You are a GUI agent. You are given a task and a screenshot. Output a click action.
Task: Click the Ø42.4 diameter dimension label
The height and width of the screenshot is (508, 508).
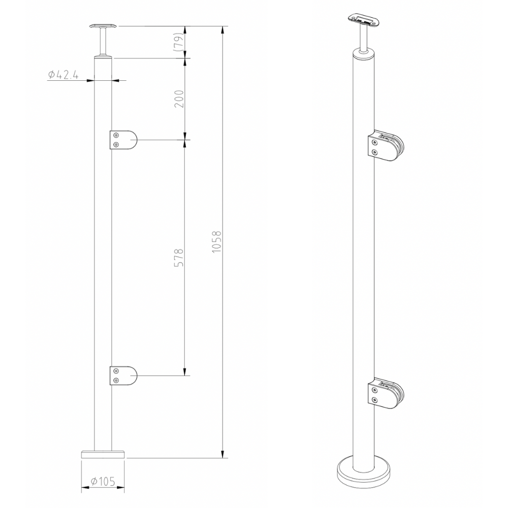63,75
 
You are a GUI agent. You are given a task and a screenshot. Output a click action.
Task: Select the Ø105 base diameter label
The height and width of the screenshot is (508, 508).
103,481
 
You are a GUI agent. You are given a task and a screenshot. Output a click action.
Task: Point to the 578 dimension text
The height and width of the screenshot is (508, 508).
179,258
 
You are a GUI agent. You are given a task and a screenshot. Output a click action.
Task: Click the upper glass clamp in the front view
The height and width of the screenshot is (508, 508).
123,140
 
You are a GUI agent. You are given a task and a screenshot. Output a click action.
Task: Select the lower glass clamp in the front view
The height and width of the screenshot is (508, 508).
123,376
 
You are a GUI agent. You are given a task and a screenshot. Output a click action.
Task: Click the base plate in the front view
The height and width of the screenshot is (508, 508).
103,454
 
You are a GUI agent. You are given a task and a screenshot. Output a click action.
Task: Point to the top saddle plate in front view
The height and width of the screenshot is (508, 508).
103,25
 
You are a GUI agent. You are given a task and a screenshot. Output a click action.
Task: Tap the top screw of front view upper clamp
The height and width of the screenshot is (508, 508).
117,135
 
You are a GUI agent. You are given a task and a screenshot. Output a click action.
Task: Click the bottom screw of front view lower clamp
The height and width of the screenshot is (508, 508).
117,380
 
